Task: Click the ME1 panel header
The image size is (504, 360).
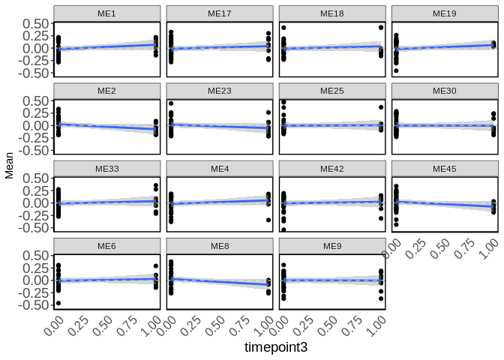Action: (x=107, y=13)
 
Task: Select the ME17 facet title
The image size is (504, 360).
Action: (x=220, y=13)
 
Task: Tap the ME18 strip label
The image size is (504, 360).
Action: (x=331, y=13)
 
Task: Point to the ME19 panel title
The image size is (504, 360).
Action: (x=444, y=13)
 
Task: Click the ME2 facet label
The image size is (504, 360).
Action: (x=107, y=91)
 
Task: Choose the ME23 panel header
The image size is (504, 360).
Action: (x=220, y=91)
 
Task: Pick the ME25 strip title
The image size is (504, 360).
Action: (x=331, y=91)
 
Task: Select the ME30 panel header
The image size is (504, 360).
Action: (x=444, y=91)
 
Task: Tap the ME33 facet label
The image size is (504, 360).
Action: (x=107, y=169)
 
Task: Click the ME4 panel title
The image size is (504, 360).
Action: (x=220, y=169)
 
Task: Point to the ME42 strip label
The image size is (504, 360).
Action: (x=331, y=169)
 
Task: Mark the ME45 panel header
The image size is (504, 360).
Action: (x=444, y=169)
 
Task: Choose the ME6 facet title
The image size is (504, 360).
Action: (x=107, y=246)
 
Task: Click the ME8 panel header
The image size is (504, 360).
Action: (x=220, y=246)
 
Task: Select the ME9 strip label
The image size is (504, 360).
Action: (x=331, y=246)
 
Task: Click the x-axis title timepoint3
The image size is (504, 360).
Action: (x=276, y=348)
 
